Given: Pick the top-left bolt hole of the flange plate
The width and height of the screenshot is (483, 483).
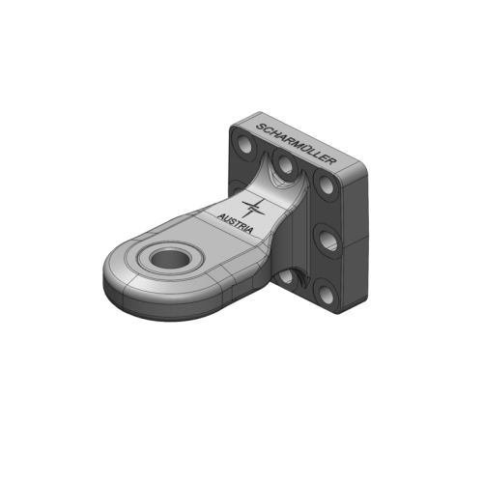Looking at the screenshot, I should click(241, 148).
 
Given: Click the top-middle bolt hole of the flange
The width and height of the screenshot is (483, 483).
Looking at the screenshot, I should click(285, 168).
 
